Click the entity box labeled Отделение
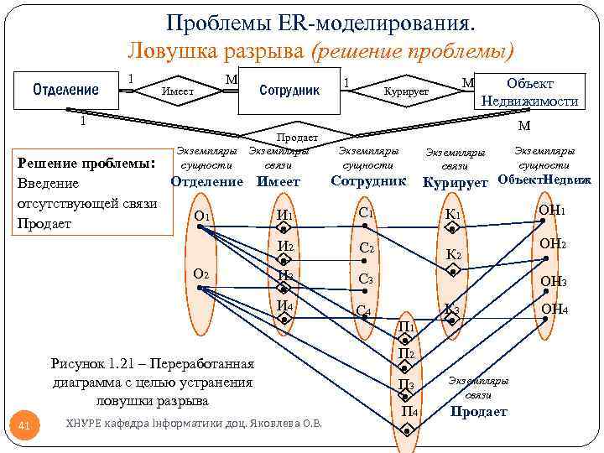click(65, 90)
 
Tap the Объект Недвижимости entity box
click(529, 92)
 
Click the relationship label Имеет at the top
click(178, 91)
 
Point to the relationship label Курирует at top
click(406, 91)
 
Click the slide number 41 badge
click(24, 428)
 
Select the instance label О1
click(201, 216)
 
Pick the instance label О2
click(201, 273)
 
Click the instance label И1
click(284, 216)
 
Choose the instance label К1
click(453, 216)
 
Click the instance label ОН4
click(554, 310)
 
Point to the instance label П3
click(406, 384)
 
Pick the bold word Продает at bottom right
click(479, 411)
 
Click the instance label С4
click(364, 310)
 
